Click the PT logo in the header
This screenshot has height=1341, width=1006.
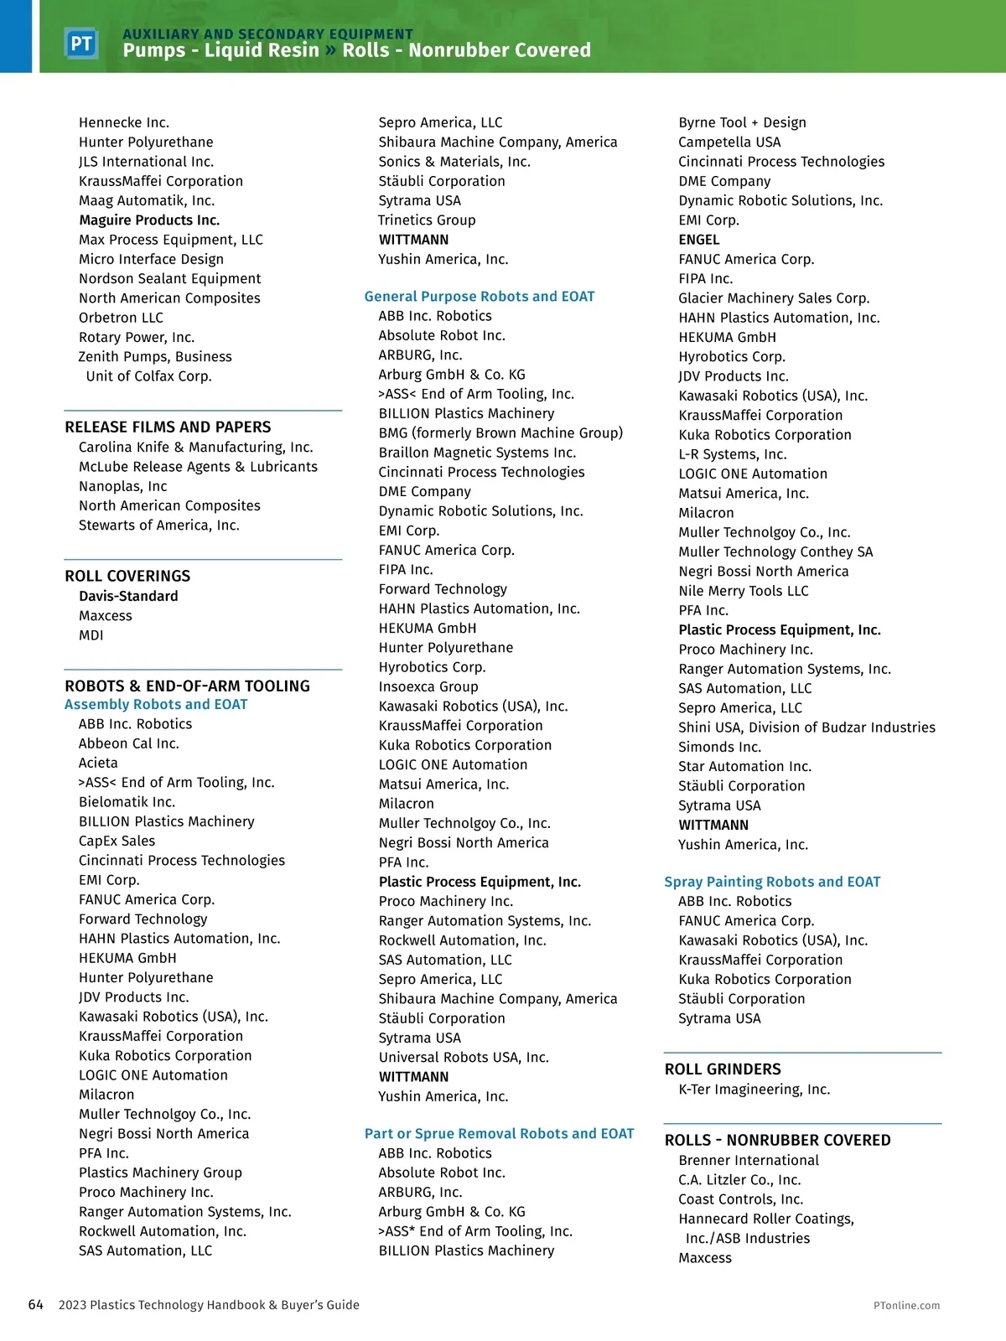click(81, 44)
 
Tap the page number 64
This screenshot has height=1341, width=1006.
click(36, 1304)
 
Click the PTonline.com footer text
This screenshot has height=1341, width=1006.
click(906, 1305)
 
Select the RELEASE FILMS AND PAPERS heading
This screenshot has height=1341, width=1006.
click(168, 427)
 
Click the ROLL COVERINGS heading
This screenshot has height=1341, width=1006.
click(127, 576)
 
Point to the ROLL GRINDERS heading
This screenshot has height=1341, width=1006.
click(723, 1069)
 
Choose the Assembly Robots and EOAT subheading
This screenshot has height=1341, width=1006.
click(156, 704)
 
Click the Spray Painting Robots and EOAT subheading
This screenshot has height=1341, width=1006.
click(772, 881)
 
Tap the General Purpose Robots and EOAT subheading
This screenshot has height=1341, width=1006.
click(480, 296)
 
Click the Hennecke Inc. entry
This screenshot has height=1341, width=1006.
click(124, 122)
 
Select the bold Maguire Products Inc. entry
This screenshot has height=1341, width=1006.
click(149, 220)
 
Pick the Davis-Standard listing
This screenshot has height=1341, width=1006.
click(128, 596)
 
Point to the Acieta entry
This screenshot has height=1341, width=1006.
click(98, 763)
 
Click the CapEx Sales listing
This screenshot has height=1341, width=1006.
click(117, 841)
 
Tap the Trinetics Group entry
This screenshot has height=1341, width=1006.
click(427, 220)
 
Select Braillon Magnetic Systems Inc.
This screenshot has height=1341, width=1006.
click(477, 453)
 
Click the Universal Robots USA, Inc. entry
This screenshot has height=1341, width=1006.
click(464, 1057)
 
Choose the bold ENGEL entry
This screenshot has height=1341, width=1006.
click(699, 240)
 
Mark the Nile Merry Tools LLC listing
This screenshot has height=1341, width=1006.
click(744, 591)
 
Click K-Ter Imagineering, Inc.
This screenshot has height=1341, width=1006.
click(754, 1089)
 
